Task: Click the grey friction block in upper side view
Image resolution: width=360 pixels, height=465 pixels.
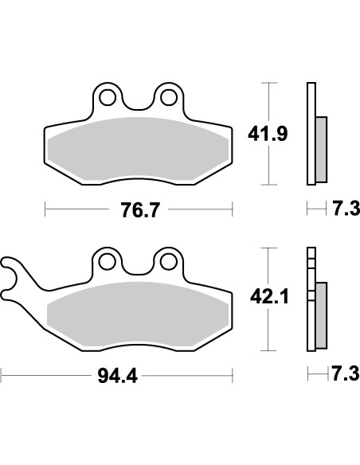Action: pos(321,147)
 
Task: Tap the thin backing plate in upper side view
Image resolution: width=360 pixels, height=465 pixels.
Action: pos(309,132)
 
